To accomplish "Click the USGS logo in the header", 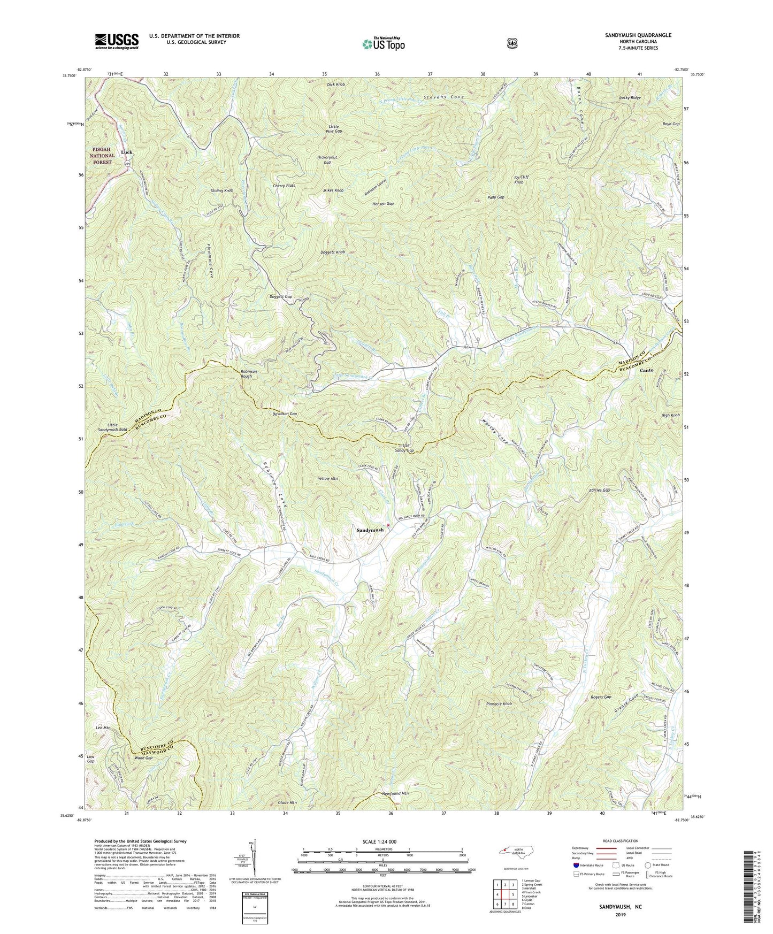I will coord(117,41).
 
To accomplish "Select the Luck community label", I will coord(127,152).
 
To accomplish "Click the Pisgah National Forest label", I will coord(102,156).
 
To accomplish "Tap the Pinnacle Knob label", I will coord(500,703).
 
